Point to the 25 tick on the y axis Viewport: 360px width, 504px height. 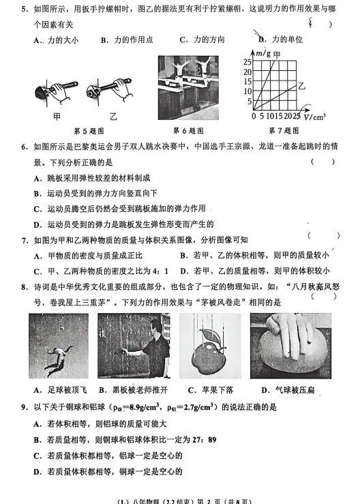(247, 62)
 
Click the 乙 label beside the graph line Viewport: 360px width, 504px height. (301, 87)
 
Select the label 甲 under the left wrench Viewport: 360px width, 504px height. (57, 117)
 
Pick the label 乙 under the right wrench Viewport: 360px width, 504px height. (113, 117)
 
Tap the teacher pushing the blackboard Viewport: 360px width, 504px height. (134, 345)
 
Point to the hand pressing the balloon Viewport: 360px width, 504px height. (290, 345)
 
